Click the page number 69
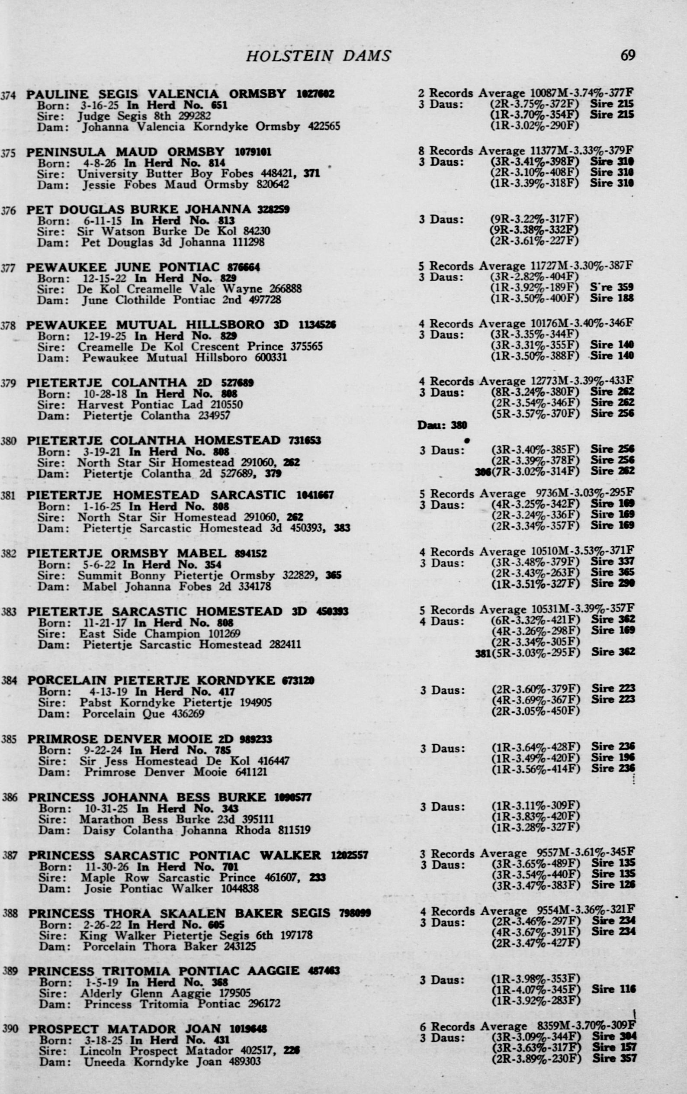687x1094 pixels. pos(628,55)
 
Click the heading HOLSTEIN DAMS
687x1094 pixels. pos(318,56)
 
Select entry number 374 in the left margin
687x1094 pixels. pos(9,95)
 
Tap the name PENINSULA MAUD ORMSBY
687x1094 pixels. pos(125,152)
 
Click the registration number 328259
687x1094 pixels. pos(273,209)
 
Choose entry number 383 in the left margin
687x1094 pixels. pos(9,612)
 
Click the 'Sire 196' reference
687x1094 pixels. pos(613,757)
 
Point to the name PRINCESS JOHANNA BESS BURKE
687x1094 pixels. pos(147,797)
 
